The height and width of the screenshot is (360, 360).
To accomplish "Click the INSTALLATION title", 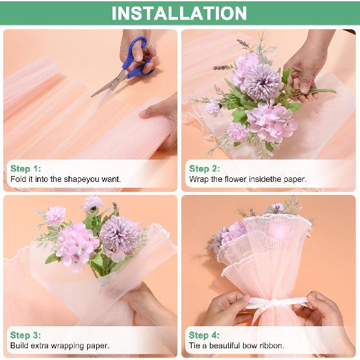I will [179, 13].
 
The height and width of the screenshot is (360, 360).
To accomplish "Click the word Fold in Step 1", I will [18, 179].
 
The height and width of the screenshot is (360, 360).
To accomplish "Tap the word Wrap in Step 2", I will [199, 179].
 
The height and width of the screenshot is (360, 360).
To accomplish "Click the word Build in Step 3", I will [20, 345].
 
